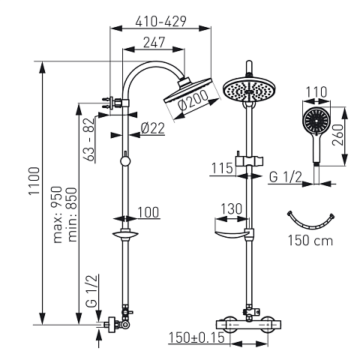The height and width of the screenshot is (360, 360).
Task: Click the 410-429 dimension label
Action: coord(160,22)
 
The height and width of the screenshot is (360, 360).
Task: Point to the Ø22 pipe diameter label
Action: coord(151,130)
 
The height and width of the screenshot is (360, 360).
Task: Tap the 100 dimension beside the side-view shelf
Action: coord(148,213)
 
